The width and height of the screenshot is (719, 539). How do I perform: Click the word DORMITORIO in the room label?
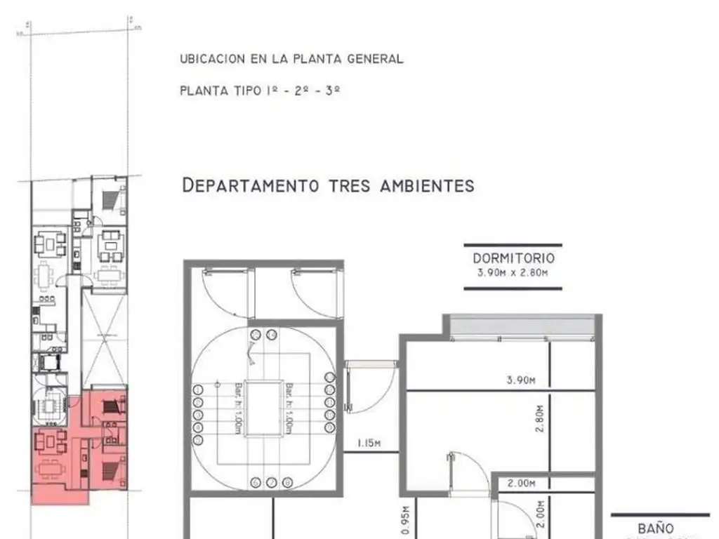pyautogui.click(x=513, y=258)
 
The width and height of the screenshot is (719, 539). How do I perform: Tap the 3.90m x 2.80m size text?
pyautogui.click(x=513, y=274)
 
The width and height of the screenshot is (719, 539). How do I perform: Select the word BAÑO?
pyautogui.click(x=656, y=528)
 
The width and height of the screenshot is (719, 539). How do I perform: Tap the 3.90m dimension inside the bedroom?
pyautogui.click(x=521, y=380)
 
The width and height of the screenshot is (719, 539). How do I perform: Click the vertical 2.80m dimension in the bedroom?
pyautogui.click(x=540, y=420)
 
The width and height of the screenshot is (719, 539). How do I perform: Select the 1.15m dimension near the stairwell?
pyautogui.click(x=369, y=443)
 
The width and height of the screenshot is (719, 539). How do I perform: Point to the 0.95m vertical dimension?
pyautogui.click(x=406, y=518)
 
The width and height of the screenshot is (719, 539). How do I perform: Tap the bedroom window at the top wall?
pyautogui.click(x=522, y=328)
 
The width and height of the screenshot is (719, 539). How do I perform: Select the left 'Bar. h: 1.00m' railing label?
pyautogui.click(x=237, y=408)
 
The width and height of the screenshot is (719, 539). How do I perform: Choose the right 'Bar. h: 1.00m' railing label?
pyautogui.click(x=289, y=408)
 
